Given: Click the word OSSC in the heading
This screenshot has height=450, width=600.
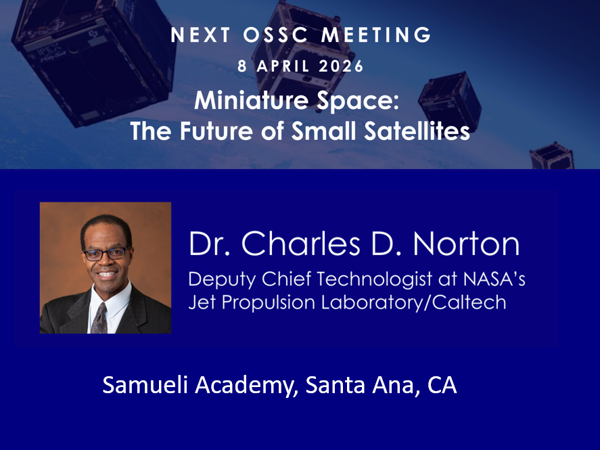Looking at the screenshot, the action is pos(275,35).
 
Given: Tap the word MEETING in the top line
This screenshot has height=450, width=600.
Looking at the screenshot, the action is pos(377,35).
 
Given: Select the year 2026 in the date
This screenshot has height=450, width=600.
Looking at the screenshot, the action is pos(341,66).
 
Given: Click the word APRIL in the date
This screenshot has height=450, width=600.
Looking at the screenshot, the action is pos(283,66).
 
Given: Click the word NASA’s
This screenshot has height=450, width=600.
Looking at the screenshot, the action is pos(494,279).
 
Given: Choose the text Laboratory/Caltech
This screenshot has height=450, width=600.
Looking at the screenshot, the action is pos(414,302).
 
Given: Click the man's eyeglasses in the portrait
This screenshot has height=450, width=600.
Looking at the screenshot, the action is pos(105,254).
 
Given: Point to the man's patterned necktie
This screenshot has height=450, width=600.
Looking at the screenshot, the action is pos(99,318).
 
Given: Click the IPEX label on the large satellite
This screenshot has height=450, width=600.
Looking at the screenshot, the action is pos(49,49).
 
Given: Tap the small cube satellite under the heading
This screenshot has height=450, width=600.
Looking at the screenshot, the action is pos(450,97).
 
